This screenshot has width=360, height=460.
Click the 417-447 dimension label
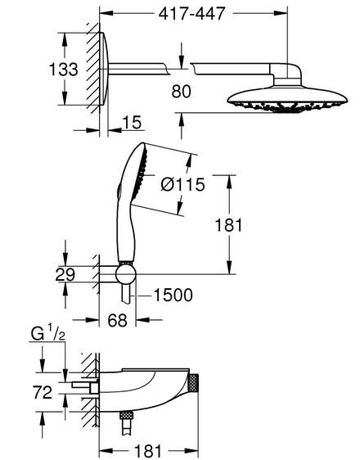(192, 13)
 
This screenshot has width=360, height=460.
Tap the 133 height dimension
(64, 70)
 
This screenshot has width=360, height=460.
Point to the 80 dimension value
(181, 91)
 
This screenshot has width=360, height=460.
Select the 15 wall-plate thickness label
(132, 122)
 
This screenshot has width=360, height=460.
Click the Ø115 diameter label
(182, 185)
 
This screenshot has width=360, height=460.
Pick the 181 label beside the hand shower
(228, 225)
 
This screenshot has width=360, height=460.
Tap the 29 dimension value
(65, 274)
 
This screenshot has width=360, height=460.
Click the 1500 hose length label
(173, 295)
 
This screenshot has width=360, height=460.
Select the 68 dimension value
(117, 320)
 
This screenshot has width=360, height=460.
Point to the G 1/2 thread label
(48, 334)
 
